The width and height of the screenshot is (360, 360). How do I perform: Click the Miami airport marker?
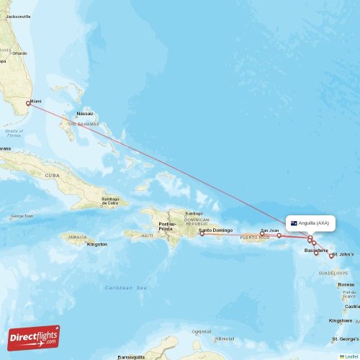[x=28, y=103]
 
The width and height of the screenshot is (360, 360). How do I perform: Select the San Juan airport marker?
[x=279, y=235]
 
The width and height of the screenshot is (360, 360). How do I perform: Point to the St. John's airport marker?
[x=331, y=256]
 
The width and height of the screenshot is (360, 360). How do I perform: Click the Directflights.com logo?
[x=34, y=337]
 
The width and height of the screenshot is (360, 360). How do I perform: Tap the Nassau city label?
[x=85, y=114]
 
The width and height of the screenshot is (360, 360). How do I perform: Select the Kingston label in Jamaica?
[x=96, y=244]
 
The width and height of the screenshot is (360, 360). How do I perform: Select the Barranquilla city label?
[x=131, y=356]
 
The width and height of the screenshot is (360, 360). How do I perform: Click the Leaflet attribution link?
[x=348, y=356]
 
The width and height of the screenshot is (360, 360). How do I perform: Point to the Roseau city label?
[x=346, y=284]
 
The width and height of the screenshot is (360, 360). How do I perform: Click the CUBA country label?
[x=53, y=175]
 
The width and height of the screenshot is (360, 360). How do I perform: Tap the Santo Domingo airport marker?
[x=202, y=233]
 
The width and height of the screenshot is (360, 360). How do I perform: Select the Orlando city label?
[x=19, y=53]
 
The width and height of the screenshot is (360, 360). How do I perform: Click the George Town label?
[x=22, y=216]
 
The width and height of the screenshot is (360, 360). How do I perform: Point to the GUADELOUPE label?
[x=338, y=274]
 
